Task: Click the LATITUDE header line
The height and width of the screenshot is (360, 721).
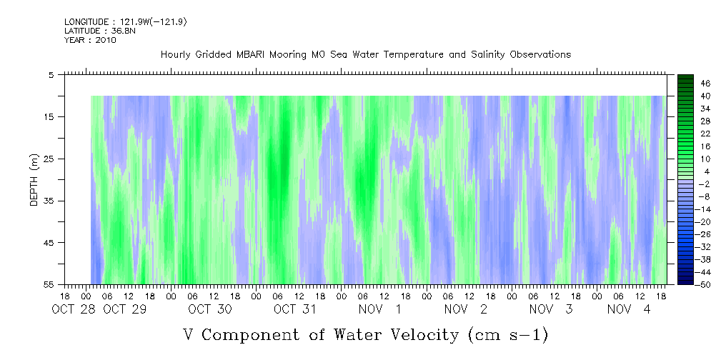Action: [x=91, y=31]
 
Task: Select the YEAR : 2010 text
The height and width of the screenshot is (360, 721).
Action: [x=90, y=40]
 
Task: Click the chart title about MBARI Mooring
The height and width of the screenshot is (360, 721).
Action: [x=365, y=54]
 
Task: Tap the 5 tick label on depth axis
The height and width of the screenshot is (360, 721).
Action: [x=51, y=74]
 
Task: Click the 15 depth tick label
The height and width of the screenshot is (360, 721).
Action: [x=49, y=116]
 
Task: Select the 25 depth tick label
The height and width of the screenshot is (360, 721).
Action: [x=49, y=159]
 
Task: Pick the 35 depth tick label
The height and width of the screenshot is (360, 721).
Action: [x=49, y=201]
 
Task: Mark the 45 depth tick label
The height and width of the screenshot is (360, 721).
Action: [x=49, y=243]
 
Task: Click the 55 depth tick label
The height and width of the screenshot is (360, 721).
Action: [x=49, y=284]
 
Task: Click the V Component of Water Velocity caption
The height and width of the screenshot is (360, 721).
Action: [x=365, y=334]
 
